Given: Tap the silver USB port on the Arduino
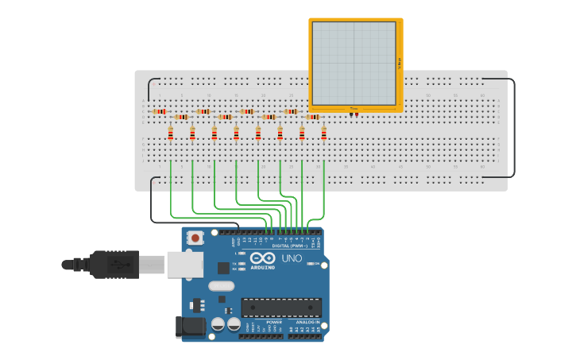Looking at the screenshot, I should click(x=184, y=264).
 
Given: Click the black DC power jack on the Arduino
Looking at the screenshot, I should click(x=187, y=327).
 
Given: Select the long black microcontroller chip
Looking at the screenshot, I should click(x=281, y=307).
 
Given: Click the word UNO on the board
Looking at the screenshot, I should click(x=292, y=258).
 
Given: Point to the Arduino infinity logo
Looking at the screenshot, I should click(x=262, y=257).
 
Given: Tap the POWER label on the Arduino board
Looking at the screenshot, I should click(x=263, y=322).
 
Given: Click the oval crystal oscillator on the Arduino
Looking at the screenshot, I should click(x=222, y=285).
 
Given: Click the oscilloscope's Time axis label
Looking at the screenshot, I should click(x=354, y=108).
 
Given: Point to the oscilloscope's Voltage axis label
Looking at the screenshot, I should click(x=399, y=63).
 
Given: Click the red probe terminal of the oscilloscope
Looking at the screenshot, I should click(x=356, y=114).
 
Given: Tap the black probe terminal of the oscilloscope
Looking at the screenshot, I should click(x=350, y=114).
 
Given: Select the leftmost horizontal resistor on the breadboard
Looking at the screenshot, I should click(x=160, y=112).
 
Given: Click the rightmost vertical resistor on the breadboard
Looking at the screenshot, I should click(x=324, y=134).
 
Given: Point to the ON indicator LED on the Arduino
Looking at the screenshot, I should click(x=309, y=263).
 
